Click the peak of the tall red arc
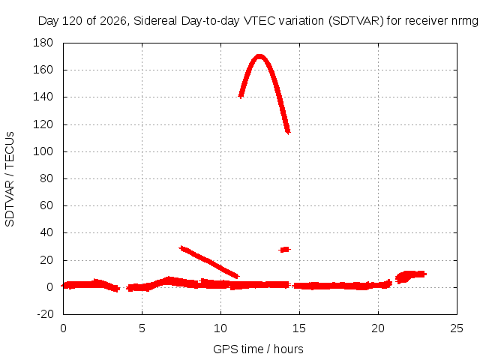259,57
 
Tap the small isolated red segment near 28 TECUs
285,250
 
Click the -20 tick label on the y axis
45,314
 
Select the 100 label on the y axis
43,151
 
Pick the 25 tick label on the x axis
457,328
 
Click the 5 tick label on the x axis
142,328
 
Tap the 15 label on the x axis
299,328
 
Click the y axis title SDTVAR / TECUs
10,179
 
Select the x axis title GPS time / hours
258,349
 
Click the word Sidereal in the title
155,21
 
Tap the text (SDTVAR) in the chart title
356,21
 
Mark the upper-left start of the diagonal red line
181,247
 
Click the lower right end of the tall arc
288,132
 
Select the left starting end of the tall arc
241,96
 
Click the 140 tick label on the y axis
43,97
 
